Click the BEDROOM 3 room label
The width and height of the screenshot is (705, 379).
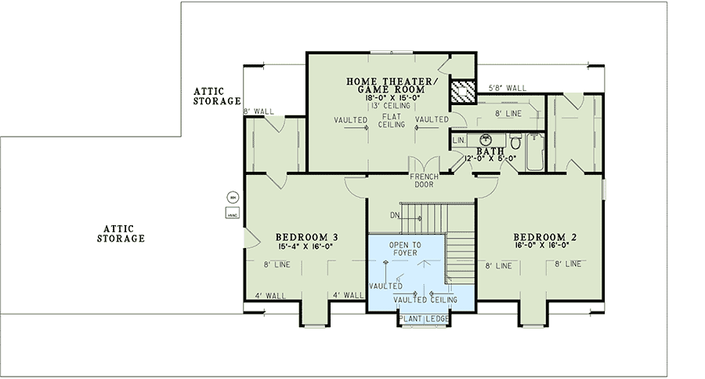click(306, 237)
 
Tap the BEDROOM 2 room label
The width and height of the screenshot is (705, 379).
click(544, 237)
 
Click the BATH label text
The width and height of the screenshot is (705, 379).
click(490, 151)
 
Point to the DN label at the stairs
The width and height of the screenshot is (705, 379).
click(396, 214)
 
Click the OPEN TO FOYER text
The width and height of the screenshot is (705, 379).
click(405, 250)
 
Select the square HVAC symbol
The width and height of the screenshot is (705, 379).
click(232, 213)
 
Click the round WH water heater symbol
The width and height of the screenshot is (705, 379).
click(232, 197)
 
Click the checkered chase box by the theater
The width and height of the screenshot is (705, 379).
click(463, 91)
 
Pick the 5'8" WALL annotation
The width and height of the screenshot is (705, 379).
click(507, 88)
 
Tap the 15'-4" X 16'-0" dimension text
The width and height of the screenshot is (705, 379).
click(306, 247)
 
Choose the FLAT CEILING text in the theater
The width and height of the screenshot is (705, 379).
click(391, 120)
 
